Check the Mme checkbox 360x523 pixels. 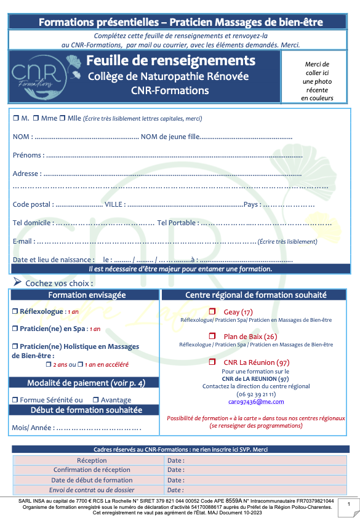click(x=36, y=118)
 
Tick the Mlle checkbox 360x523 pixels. click(x=63, y=118)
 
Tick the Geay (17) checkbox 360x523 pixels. click(x=212, y=311)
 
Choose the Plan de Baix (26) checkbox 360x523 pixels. click(x=212, y=337)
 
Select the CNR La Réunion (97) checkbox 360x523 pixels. click(x=212, y=362)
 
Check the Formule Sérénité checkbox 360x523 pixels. click(x=15, y=400)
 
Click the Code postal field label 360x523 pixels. click(x=33, y=204)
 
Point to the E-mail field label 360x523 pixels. click(x=23, y=241)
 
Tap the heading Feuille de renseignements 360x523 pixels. click(x=170, y=61)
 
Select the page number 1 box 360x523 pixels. click(x=349, y=505)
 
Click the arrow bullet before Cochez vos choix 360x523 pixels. click(x=17, y=282)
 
